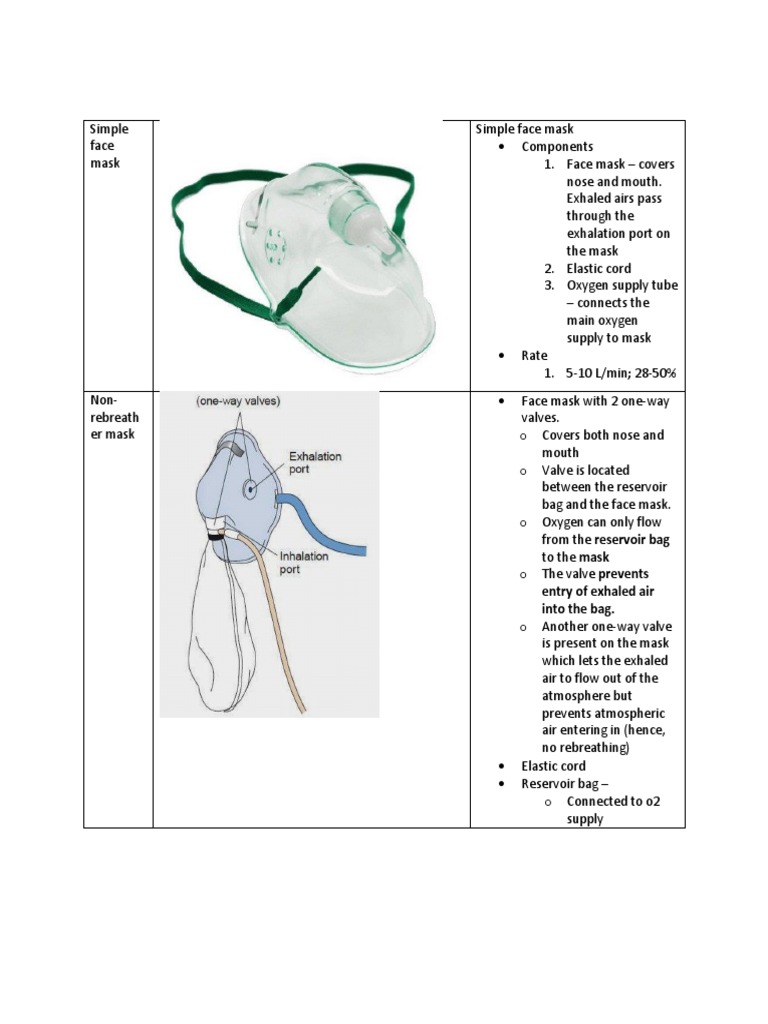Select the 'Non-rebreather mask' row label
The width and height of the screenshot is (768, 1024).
tap(112, 416)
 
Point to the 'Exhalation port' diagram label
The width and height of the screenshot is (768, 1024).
tap(315, 462)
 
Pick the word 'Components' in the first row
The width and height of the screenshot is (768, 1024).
tap(557, 146)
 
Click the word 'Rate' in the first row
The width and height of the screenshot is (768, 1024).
tap(535, 355)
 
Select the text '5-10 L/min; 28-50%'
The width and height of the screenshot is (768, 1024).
tap(621, 373)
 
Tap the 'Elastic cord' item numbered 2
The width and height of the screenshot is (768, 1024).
tap(598, 268)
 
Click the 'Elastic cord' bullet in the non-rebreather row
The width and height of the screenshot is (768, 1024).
tap(553, 766)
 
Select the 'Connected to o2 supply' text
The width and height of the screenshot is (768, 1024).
tap(613, 809)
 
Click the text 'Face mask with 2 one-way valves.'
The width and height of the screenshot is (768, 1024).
tap(594, 409)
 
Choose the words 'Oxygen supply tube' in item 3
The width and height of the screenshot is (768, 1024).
tap(621, 285)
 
